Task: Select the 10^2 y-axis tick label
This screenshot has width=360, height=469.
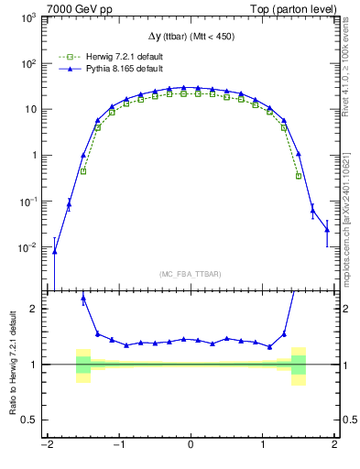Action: pos(28,64)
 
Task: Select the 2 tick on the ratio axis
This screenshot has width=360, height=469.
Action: pos(34,309)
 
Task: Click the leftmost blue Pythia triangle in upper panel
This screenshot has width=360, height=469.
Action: pos(54,251)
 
